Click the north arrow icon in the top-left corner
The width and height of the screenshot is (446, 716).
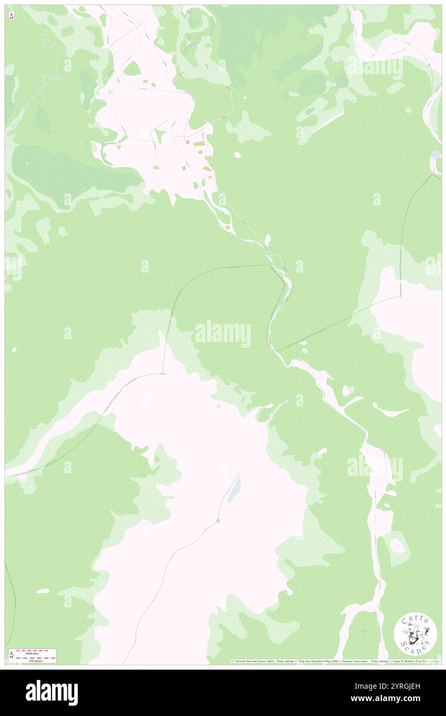coord(11,16)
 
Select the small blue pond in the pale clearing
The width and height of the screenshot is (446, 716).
coord(234,487)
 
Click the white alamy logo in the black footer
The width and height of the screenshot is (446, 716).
coord(52,692)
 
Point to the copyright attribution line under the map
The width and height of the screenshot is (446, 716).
coord(335,661)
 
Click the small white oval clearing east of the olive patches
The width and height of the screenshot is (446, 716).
coord(237,154)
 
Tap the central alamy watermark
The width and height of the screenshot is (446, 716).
coord(223,333)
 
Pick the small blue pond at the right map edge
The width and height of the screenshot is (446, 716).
coord(436,154)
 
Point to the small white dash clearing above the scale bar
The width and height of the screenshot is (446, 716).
coord(43,590)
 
